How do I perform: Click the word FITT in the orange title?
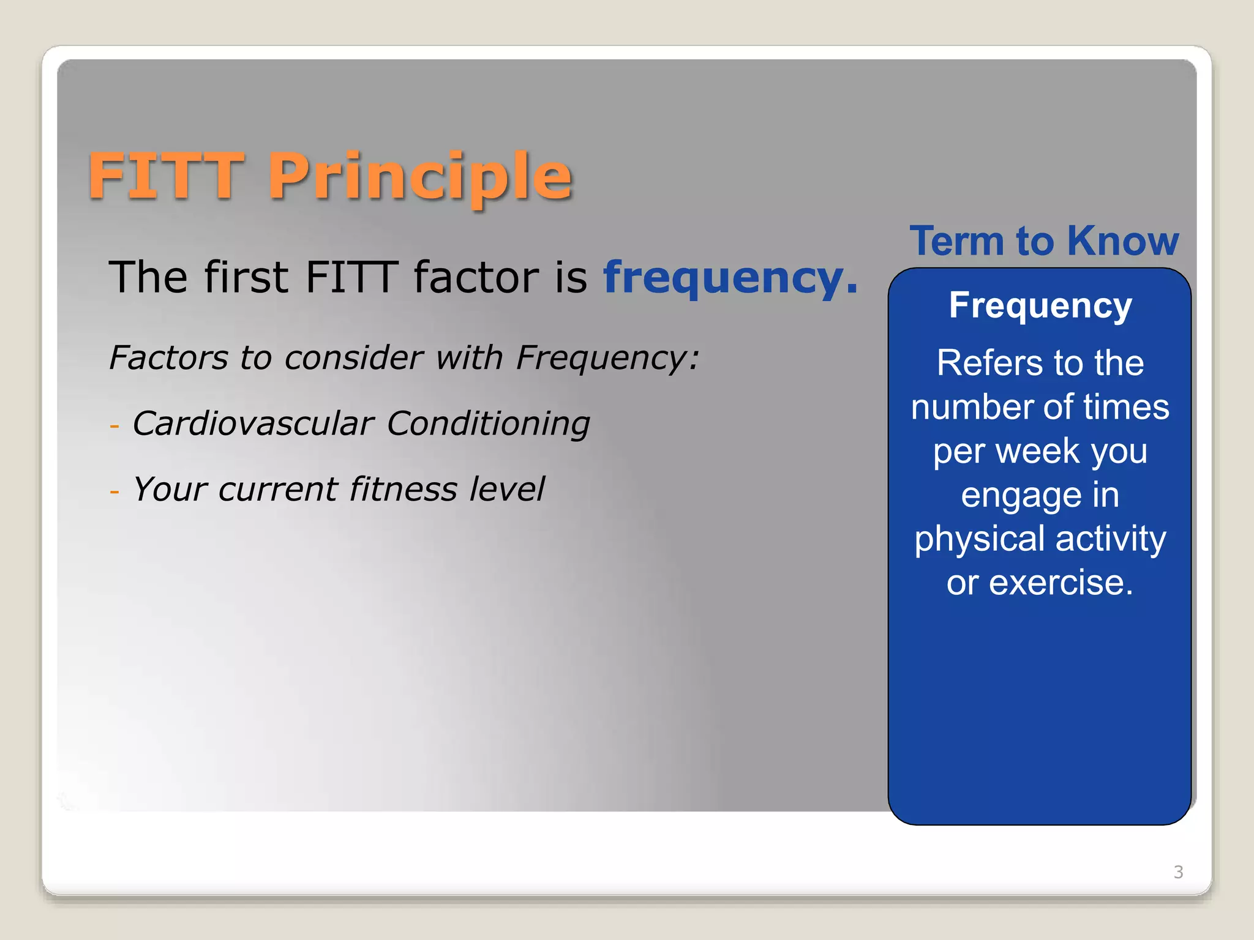point(166,177)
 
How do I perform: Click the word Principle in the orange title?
point(420,177)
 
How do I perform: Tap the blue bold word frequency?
point(730,278)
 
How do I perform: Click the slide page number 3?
point(1178,871)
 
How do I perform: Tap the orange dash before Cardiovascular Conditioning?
point(115,425)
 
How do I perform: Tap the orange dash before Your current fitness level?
point(115,491)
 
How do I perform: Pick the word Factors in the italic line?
point(168,357)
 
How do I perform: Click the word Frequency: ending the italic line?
point(607,359)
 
